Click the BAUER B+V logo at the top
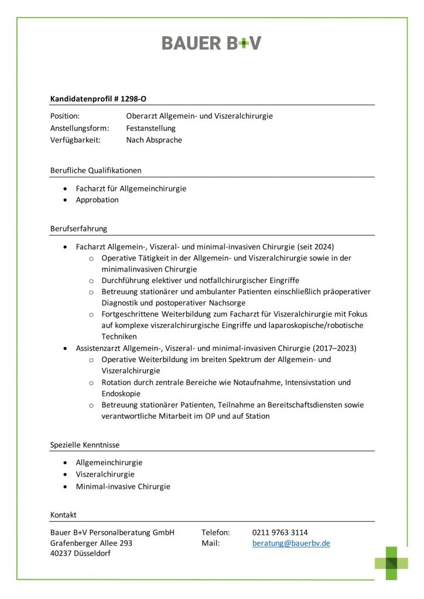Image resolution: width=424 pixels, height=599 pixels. (211, 43)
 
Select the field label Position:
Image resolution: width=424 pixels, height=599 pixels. (65, 116)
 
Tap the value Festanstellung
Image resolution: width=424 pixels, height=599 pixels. (151, 128)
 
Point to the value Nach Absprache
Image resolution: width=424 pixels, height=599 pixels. (154, 140)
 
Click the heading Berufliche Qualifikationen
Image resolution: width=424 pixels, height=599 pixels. (96, 170)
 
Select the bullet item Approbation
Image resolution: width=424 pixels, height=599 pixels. (97, 199)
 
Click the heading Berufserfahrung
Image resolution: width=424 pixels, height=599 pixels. (78, 228)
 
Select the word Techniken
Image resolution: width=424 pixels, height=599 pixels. (119, 336)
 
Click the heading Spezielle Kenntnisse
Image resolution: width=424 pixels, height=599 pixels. (85, 445)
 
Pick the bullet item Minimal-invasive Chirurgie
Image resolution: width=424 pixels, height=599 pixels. (123, 486)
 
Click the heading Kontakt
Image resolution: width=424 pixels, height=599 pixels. (63, 515)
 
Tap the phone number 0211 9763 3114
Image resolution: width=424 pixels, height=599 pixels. (280, 532)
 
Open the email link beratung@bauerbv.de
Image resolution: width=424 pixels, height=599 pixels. (291, 543)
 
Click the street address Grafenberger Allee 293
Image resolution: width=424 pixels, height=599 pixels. (91, 543)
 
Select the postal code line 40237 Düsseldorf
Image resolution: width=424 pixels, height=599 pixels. (80, 554)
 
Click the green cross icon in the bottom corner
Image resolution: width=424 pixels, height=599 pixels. (392, 563)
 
